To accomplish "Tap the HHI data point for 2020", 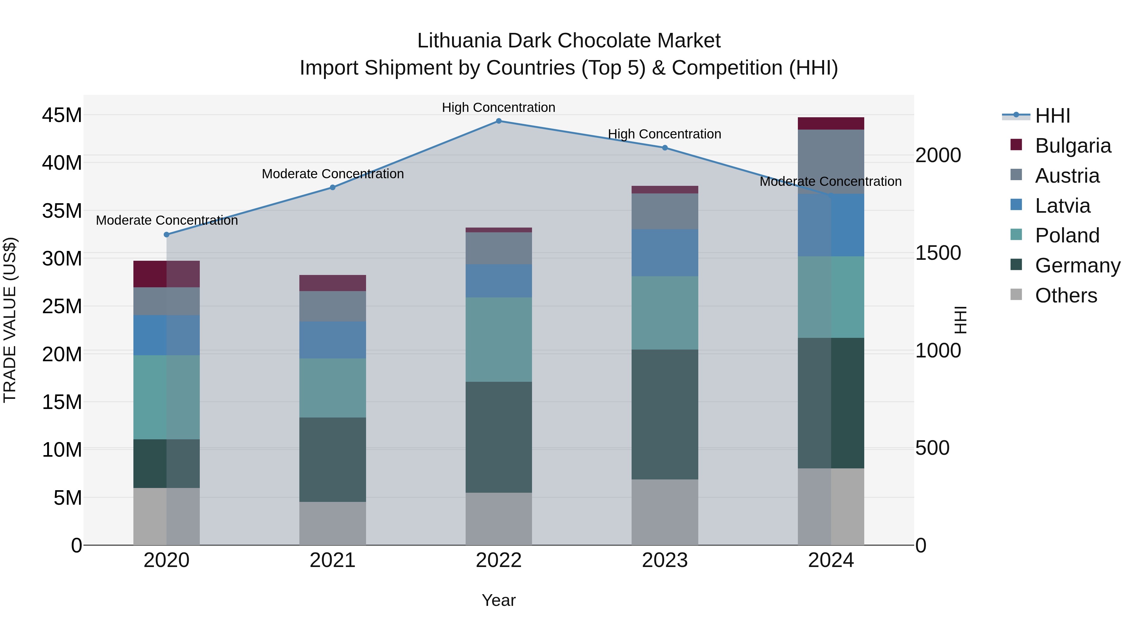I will click(167, 235).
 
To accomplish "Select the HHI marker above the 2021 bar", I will click(333, 187).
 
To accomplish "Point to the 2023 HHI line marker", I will click(665, 148).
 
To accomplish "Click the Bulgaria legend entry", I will click(1072, 146).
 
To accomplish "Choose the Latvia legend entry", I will click(1062, 206).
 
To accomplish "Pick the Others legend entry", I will click(1066, 296).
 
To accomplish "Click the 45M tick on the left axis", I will click(62, 115).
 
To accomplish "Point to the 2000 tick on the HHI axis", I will click(938, 155).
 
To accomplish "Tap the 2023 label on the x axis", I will click(665, 560).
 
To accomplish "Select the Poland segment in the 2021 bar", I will click(333, 387).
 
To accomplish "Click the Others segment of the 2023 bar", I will click(665, 512).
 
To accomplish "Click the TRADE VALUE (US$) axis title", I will click(10, 320).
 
